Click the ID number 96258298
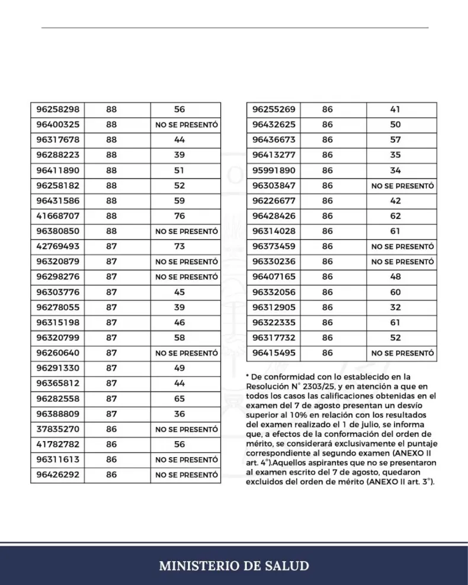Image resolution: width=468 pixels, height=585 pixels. [57, 110]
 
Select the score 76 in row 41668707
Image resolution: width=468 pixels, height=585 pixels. [179, 216]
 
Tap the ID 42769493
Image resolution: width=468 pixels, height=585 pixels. [57, 246]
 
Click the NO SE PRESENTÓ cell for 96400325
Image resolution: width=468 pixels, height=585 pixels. [187, 125]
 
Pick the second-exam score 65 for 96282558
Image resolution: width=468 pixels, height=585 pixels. [179, 398]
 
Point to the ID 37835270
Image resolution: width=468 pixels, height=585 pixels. [57, 429]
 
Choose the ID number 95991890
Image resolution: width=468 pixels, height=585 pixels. [273, 171]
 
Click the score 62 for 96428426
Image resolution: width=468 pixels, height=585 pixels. [395, 216]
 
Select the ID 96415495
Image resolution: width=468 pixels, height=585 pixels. [273, 353]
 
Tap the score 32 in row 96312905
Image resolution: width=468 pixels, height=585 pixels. [395, 307]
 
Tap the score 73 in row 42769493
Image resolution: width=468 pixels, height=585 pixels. [179, 246]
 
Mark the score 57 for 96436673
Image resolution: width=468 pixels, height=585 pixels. [395, 140]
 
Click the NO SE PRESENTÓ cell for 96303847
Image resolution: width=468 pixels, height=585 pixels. [403, 186]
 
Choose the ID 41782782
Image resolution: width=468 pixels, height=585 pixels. [57, 444]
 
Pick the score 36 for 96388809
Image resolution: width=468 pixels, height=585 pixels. [179, 414]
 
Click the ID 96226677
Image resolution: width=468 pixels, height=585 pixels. [273, 201]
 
